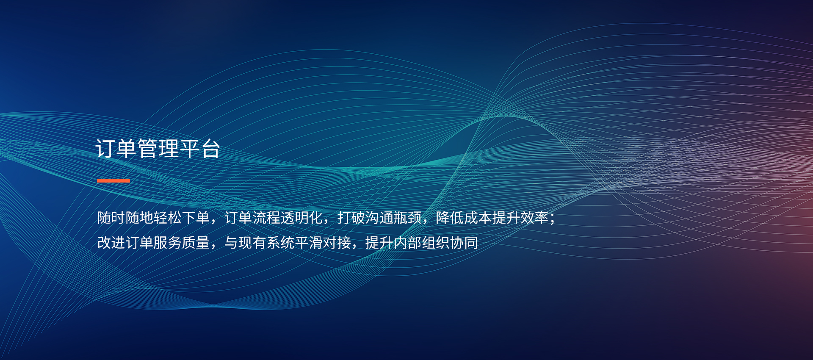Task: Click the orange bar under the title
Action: click(113, 181)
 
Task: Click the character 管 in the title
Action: click(147, 149)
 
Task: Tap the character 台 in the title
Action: click(210, 149)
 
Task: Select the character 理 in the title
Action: click(169, 149)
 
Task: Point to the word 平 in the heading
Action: click(190, 149)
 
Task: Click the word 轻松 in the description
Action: click(168, 218)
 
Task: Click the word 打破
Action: click(351, 218)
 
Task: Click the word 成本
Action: click(478, 218)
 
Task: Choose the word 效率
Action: click(534, 218)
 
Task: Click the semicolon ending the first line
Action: click(552, 219)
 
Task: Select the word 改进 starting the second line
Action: click(111, 243)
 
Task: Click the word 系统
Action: click(281, 243)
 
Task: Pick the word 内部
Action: click(407, 243)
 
